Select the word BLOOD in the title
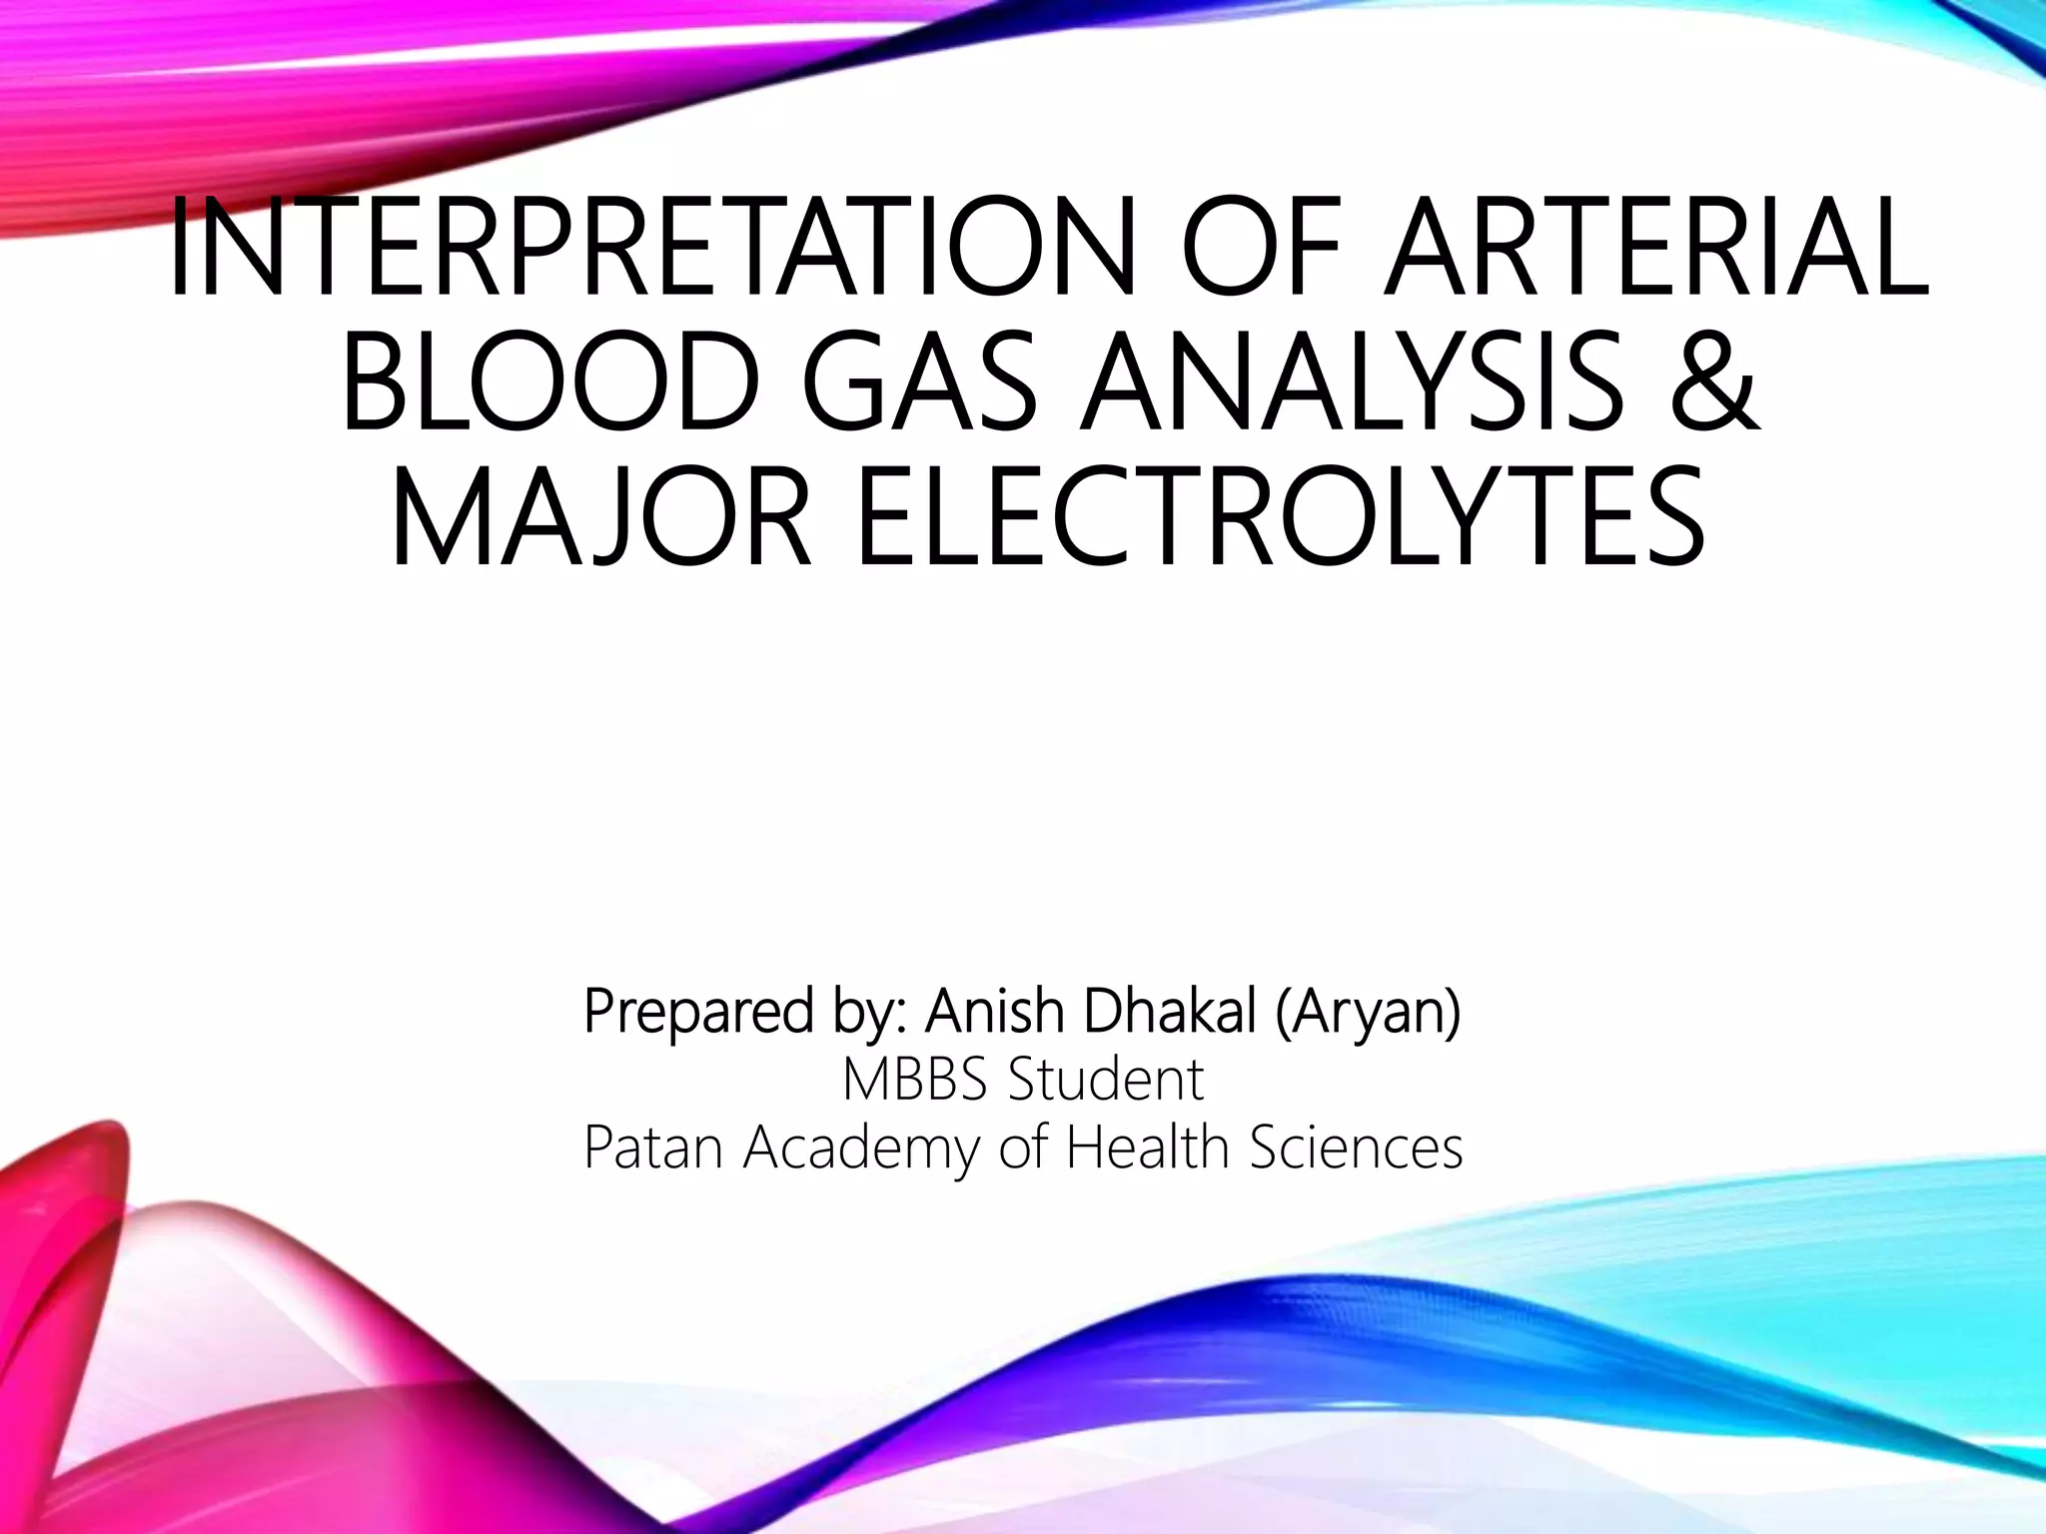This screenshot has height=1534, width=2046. click(547, 383)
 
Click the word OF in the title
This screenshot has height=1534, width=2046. click(1265, 247)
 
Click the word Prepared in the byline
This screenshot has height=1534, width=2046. click(699, 1012)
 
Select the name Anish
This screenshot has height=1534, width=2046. click(994, 1012)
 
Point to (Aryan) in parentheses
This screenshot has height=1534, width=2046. click(1368, 1012)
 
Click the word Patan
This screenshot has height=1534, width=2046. click(653, 1148)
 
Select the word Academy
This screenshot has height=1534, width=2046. click(863, 1148)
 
